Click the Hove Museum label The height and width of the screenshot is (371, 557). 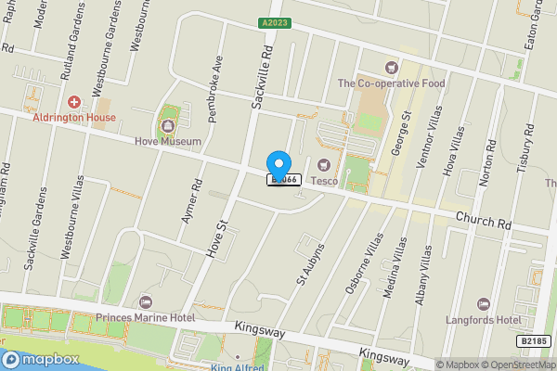(x=167, y=142)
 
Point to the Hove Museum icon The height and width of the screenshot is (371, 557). (x=168, y=123)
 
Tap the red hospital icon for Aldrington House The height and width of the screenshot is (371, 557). (x=74, y=100)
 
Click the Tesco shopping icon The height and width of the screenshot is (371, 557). (x=324, y=165)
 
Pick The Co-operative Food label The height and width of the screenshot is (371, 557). (x=391, y=83)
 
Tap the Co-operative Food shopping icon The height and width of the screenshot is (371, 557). (x=391, y=67)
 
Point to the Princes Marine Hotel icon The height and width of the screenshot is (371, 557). (x=145, y=302)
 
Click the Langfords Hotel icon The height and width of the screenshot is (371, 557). (x=483, y=303)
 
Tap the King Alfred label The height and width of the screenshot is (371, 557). (x=239, y=366)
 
